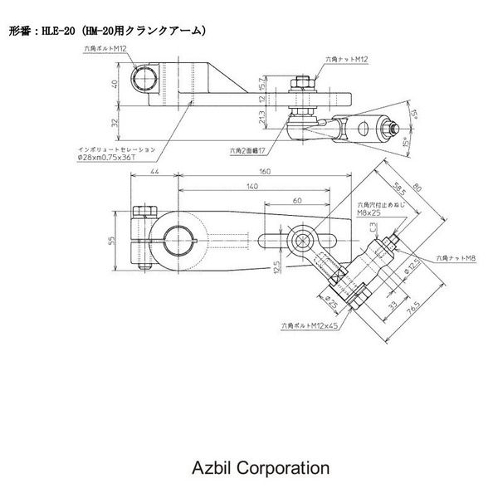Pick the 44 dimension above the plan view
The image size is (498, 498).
(x=154, y=173)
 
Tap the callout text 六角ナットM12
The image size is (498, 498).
(x=348, y=60)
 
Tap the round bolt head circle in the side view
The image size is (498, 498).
(x=147, y=78)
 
